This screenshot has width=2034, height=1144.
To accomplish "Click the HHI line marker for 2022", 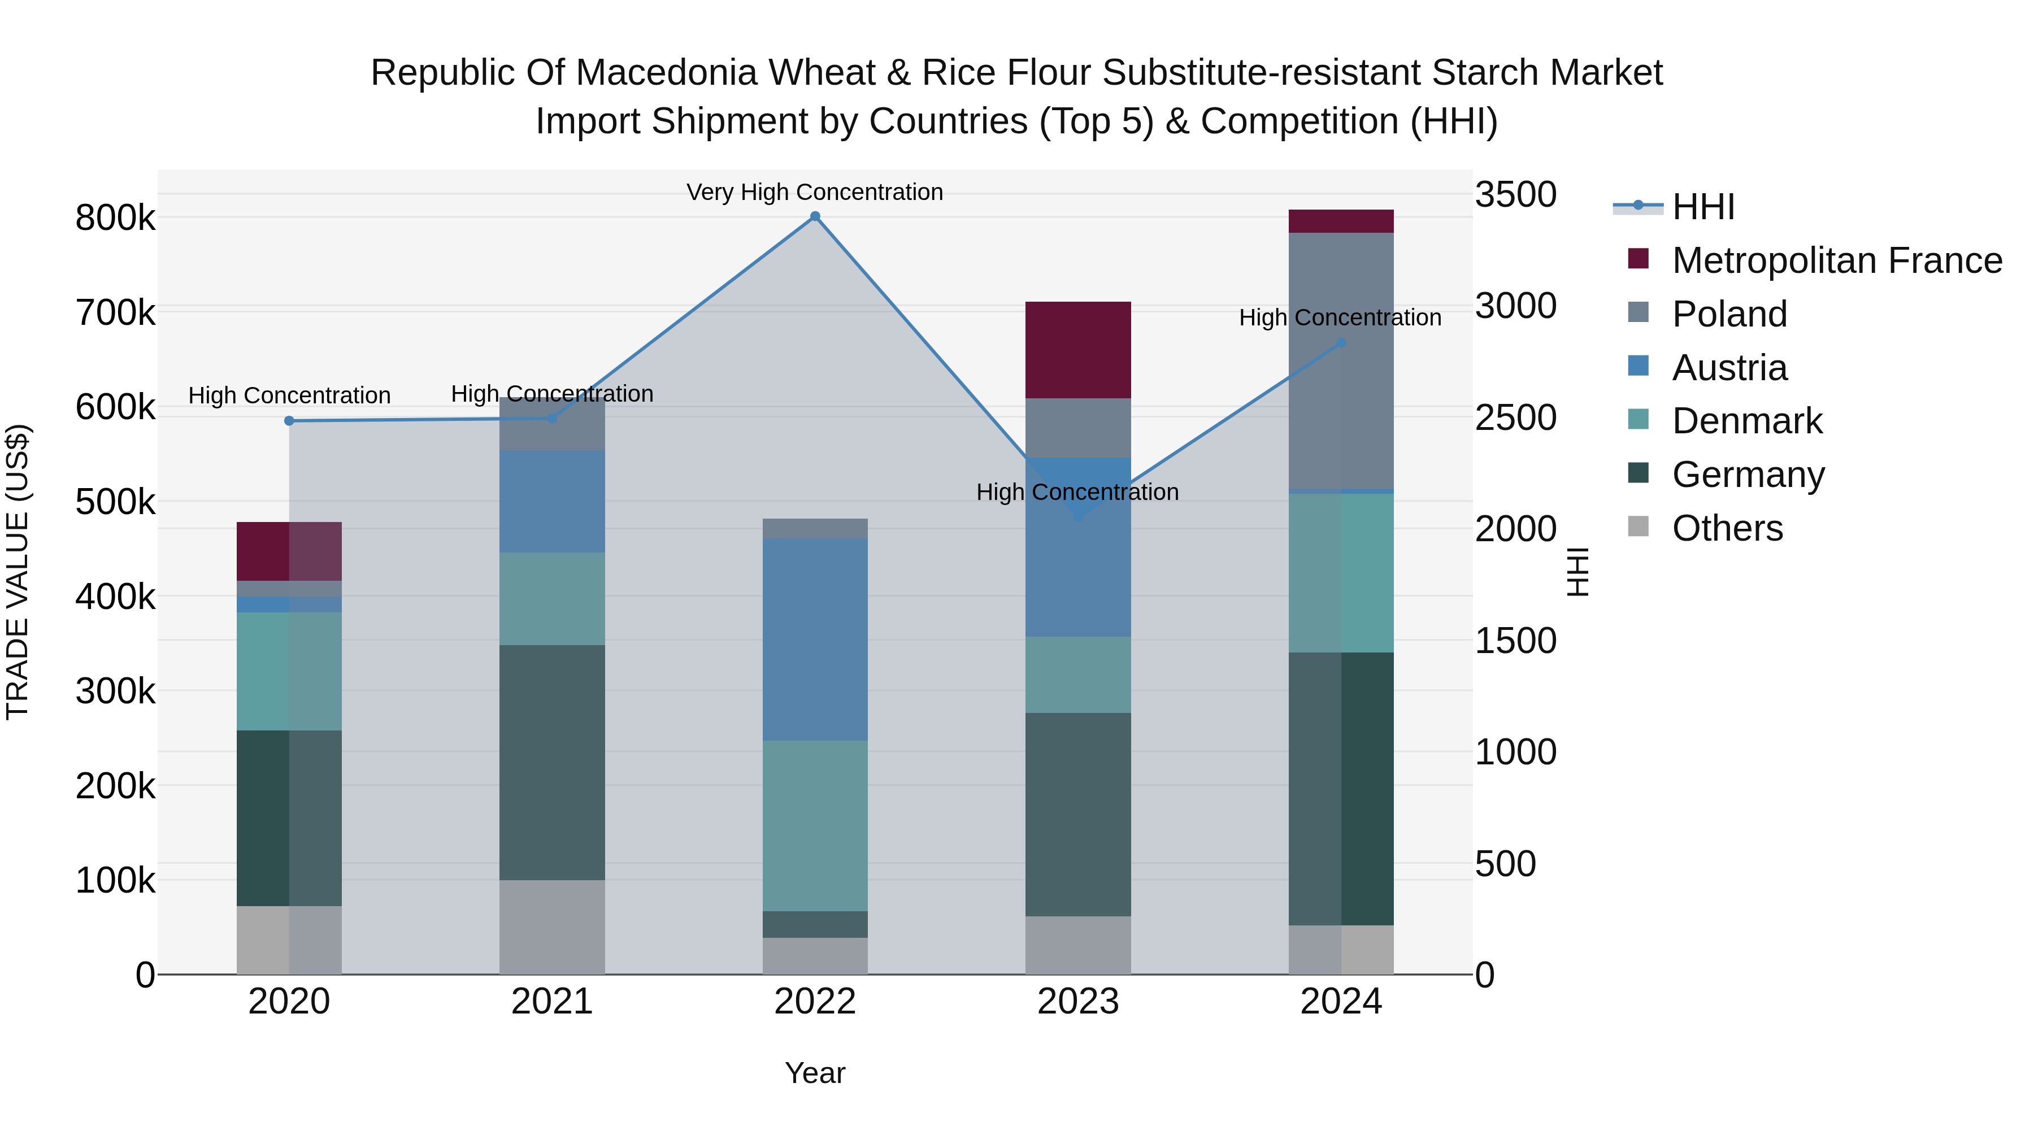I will [815, 216].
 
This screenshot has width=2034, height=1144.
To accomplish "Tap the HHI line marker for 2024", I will [1341, 343].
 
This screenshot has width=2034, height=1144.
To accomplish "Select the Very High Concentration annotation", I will [815, 192].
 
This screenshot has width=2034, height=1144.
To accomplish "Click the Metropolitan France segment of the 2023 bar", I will [1078, 350].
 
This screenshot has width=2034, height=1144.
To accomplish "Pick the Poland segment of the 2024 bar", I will [1341, 361].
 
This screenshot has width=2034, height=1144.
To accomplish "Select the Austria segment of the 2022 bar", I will [815, 639].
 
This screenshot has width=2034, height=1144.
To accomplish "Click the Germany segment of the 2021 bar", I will [552, 762].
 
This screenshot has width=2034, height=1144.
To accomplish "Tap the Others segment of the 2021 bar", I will [552, 927].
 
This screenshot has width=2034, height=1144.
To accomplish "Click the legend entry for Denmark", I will [1746, 421].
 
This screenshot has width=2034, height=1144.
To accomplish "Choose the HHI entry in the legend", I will [1702, 207].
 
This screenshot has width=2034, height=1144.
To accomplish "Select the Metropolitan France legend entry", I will [1836, 260].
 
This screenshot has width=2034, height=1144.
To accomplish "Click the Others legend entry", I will [1727, 528].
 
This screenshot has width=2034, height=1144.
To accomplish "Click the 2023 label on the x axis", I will [1078, 1002].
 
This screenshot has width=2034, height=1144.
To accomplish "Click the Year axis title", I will [815, 1073].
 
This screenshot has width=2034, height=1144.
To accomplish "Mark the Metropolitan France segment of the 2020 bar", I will [289, 551].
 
